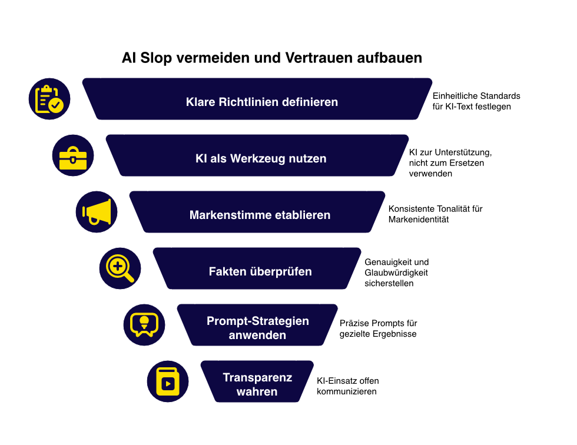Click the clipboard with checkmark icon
click(x=49, y=99)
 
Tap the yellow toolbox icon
click(x=73, y=155)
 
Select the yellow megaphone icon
click(x=97, y=212)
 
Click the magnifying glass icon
click(x=120, y=268)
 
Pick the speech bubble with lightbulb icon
click(x=144, y=325)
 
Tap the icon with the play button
click(x=168, y=381)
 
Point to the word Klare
click(x=201, y=102)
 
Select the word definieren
click(x=310, y=102)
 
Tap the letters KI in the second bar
click(x=201, y=158)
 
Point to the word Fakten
click(x=227, y=271)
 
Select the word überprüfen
click(x=280, y=271)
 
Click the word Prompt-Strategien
click(x=257, y=321)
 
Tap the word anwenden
click(x=257, y=336)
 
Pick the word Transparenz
click(x=257, y=377)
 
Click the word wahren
click(x=257, y=392)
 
